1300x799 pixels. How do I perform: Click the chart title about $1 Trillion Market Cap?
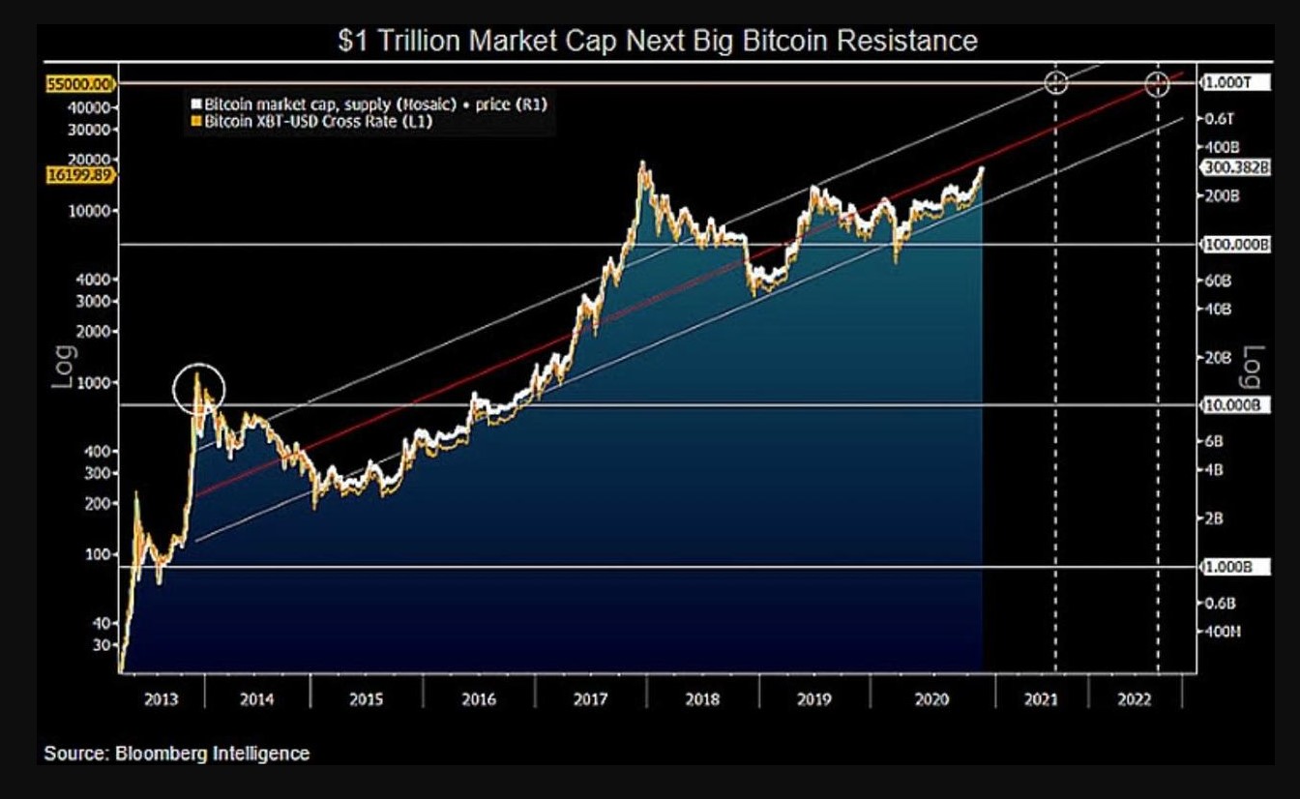tap(657, 41)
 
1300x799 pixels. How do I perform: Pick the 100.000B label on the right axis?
tap(1236, 245)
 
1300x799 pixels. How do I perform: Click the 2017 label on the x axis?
tap(590, 699)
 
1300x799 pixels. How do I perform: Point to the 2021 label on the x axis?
tap(1041, 699)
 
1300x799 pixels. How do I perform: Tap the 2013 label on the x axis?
tap(161, 699)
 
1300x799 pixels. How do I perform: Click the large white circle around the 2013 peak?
tap(199, 390)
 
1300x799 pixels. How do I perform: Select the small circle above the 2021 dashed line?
tap(1056, 83)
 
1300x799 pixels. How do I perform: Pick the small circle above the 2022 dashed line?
tap(1158, 84)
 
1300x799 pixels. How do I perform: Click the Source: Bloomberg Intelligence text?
tap(176, 753)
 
